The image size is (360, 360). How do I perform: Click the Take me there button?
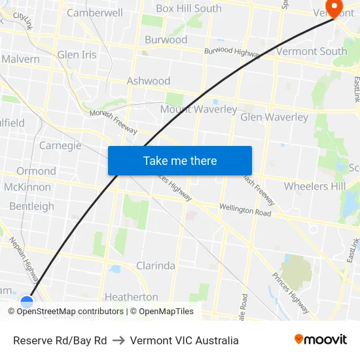point(179,160)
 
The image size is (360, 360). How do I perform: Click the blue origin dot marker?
point(27,302)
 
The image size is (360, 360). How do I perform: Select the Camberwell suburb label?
point(94,12)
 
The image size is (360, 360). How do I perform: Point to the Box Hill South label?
point(189,9)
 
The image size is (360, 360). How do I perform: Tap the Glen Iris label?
point(77,55)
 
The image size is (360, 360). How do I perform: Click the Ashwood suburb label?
point(148,81)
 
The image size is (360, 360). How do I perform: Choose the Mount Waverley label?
point(198,109)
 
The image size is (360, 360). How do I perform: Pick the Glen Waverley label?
point(274,117)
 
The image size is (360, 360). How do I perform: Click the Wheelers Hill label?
point(314,186)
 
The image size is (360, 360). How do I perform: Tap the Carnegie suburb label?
point(60,145)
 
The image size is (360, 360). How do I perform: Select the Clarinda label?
point(155,266)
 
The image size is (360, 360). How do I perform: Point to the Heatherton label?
point(131,297)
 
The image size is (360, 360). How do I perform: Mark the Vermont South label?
point(312,51)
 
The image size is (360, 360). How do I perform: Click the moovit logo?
point(320,339)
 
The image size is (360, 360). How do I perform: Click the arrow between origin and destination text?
point(118,340)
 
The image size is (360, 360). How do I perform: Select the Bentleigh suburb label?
point(31,206)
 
